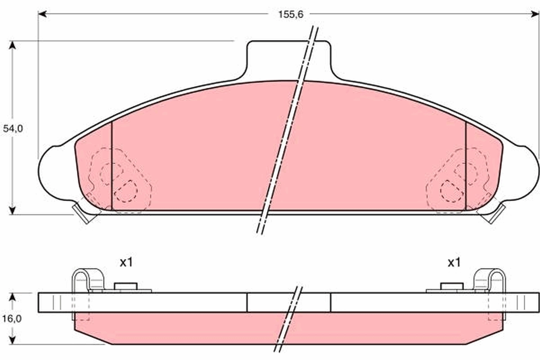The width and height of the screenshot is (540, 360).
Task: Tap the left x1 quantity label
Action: (x=126, y=262)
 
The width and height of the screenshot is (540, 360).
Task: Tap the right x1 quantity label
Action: (x=454, y=262)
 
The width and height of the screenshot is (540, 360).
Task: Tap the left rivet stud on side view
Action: (x=126, y=287)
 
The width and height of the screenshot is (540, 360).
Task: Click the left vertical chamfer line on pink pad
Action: (x=111, y=166)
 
